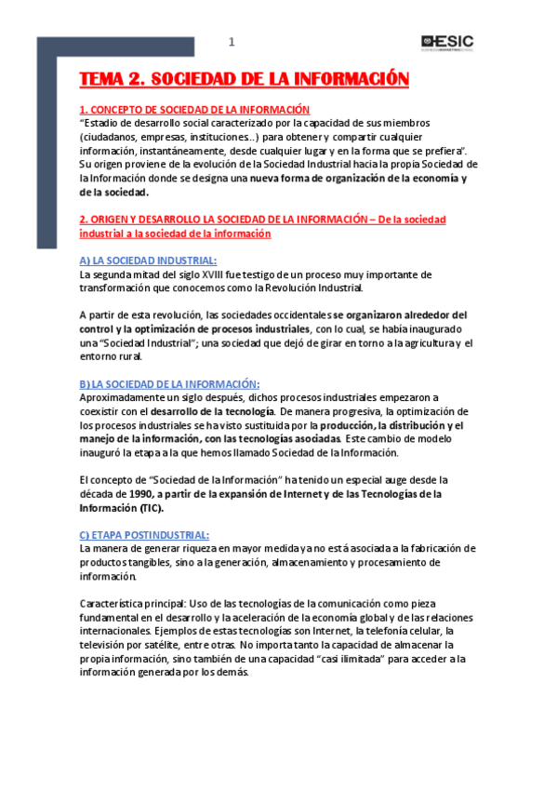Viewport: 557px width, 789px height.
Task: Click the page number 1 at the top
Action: tap(232, 42)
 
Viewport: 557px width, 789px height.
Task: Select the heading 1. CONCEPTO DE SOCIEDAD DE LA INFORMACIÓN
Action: tap(194, 110)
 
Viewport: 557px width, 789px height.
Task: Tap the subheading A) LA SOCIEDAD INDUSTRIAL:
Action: tap(148, 261)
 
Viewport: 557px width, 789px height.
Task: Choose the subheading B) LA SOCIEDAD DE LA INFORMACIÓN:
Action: tap(169, 384)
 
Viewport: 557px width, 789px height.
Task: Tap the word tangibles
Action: tap(149, 563)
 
